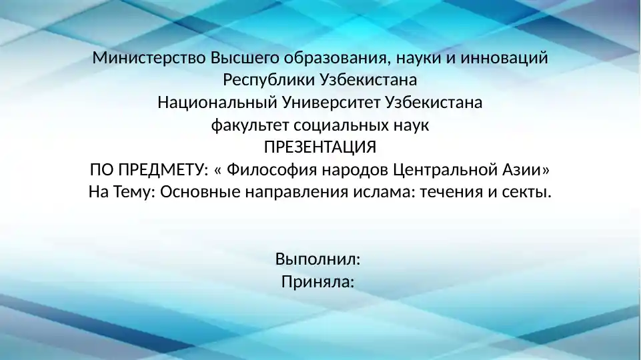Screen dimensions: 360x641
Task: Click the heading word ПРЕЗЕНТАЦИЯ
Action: point(320,147)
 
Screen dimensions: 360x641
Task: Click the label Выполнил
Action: point(318,259)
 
